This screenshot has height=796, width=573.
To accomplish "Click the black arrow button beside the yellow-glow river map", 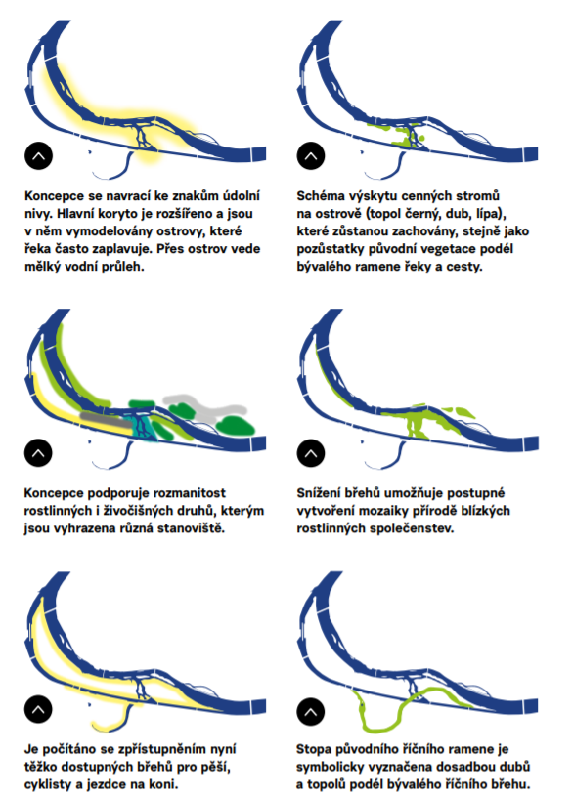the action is [39, 156].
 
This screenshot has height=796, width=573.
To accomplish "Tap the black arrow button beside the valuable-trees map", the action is [311, 156].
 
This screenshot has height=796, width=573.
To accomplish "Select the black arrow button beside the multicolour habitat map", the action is [38, 453].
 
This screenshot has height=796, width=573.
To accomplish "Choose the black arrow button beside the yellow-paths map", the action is [38, 709].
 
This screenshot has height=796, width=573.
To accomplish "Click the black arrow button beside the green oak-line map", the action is [311, 712].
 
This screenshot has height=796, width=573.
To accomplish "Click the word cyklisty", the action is [47, 785].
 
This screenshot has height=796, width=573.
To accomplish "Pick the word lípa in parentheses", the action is [488, 214].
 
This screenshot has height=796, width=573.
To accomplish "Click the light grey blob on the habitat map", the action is [205, 407].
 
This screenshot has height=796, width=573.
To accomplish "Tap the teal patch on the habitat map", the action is [145, 428].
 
